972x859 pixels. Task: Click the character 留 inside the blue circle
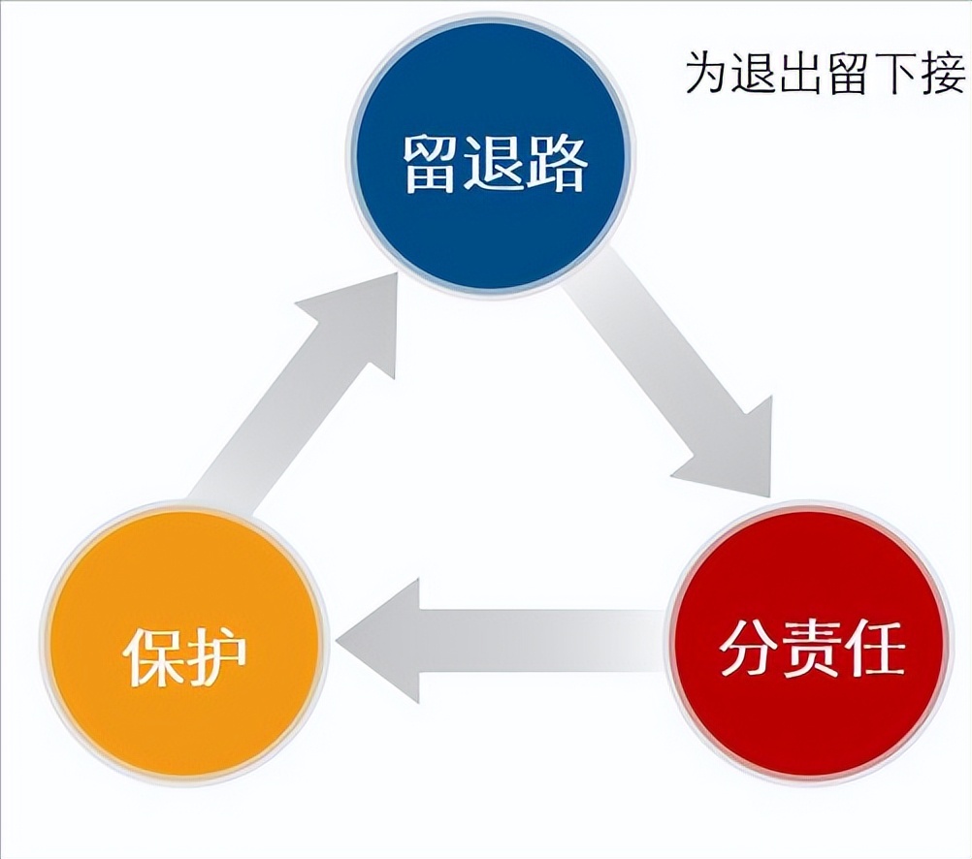coord(432,164)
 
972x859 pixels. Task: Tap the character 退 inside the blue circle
coord(494,164)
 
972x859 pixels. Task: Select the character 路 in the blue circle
coord(556,164)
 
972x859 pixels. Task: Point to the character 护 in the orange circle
coord(216,657)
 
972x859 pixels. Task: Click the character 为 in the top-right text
coord(706,72)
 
